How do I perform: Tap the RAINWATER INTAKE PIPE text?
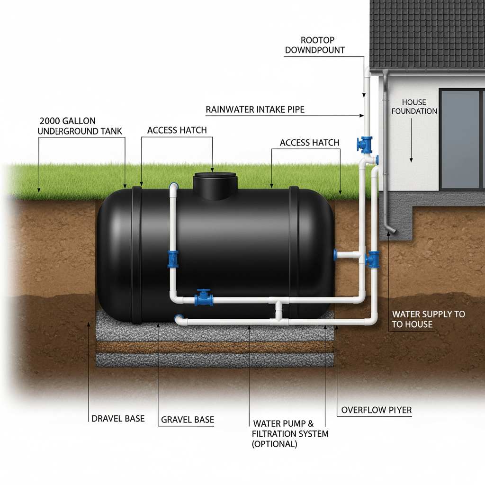(x=255, y=109)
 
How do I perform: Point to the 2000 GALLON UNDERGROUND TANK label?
(x=81, y=126)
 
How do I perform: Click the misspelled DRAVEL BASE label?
(x=118, y=419)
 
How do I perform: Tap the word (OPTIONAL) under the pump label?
(x=275, y=444)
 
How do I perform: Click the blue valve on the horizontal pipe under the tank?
(x=204, y=298)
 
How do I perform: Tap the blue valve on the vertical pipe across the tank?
(x=173, y=259)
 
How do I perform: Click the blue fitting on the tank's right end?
(x=336, y=254)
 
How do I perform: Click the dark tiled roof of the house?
(x=426, y=33)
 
